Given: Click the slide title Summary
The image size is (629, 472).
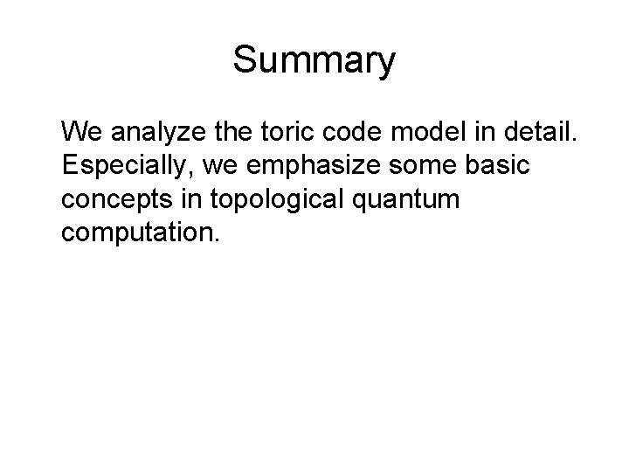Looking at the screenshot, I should (314, 61).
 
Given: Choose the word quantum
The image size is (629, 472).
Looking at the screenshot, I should (410, 198).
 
